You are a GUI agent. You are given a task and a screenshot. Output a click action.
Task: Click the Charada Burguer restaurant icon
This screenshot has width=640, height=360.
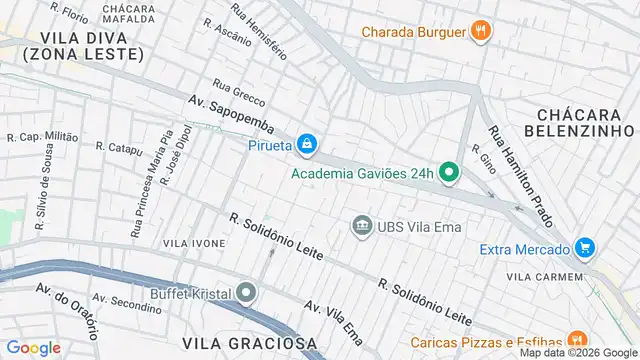click(481, 31)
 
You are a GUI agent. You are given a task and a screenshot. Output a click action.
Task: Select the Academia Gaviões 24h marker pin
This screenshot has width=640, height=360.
click(450, 173)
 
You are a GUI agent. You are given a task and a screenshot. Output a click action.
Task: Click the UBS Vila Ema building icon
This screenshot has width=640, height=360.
click(361, 226)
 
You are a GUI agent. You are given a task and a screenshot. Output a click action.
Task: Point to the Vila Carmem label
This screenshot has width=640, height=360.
click(544, 276)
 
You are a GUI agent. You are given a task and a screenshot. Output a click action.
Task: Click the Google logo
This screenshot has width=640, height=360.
click(33, 347)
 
